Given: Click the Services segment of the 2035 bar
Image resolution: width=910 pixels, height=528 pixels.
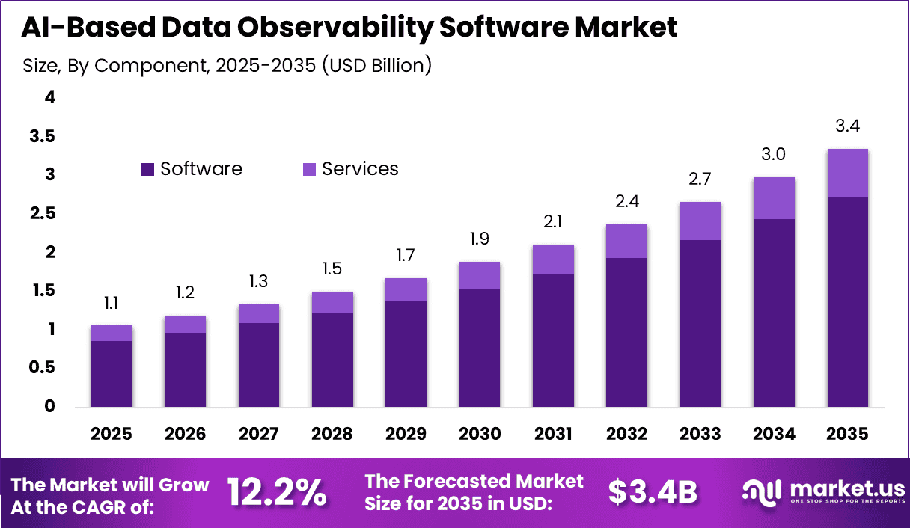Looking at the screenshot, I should click(847, 173).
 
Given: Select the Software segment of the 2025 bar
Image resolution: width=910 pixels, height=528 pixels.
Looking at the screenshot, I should click(112, 374).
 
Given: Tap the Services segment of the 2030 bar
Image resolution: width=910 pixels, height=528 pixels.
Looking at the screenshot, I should click(479, 275).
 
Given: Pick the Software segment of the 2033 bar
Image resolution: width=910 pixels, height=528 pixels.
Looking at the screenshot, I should click(700, 323).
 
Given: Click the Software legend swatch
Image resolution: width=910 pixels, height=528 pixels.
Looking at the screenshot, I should click(147, 170).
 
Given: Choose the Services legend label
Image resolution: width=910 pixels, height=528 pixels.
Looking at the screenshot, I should click(360, 169).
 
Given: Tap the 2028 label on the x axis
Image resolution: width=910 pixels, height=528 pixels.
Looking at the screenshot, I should click(332, 435).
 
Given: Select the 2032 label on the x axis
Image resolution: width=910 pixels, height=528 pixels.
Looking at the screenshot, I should click(626, 435).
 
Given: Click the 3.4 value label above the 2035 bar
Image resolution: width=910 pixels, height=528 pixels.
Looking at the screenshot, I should click(847, 126).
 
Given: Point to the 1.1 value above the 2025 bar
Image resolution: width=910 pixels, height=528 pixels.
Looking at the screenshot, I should click(112, 303).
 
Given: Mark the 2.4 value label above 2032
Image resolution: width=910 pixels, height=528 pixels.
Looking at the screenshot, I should click(626, 202).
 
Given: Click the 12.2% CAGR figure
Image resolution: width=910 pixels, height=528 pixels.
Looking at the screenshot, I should click(277, 492).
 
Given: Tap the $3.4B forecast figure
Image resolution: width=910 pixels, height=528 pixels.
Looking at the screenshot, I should click(653, 492).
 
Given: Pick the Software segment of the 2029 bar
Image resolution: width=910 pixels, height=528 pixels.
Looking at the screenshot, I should click(406, 354).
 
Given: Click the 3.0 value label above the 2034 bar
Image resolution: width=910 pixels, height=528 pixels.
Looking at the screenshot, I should click(774, 155).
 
